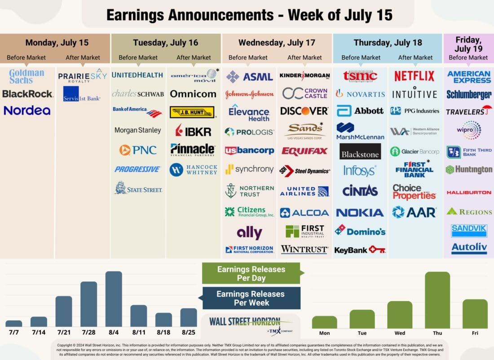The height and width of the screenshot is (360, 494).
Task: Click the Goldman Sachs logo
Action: point(27,76)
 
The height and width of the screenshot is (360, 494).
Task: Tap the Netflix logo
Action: point(415,76)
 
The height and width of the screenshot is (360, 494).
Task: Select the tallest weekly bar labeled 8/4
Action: point(114,299)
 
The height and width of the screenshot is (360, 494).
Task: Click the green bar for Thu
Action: point(437,300)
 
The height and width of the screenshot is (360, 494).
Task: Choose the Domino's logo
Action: point(360,231)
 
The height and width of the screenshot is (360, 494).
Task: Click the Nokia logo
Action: point(360,213)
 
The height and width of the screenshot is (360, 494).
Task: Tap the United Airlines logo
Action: point(304,192)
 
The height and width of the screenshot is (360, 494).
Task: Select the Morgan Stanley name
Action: point(137,130)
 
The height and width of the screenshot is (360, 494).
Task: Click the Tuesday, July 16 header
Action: point(165,43)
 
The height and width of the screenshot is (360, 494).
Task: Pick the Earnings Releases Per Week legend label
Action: point(250,298)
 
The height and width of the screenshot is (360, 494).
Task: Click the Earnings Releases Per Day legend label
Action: point(251,273)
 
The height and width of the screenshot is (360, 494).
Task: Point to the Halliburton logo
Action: point(469,192)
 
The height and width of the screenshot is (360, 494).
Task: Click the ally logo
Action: point(249,233)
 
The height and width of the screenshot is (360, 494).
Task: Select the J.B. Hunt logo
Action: point(192,112)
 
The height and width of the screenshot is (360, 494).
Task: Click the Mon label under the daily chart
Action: point(324,333)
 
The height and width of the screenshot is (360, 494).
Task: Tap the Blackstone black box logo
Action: point(360,152)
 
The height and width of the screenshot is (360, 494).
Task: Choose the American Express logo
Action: point(469,77)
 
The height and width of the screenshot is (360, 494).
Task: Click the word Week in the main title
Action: point(309,15)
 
